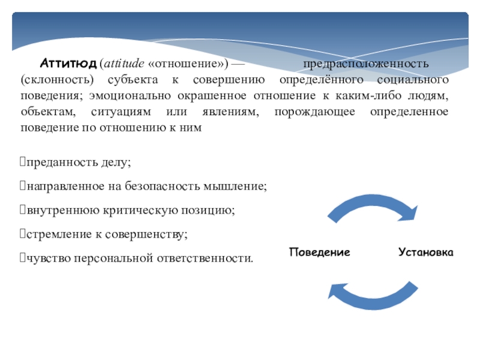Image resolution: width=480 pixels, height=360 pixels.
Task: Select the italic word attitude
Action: [x=122, y=64]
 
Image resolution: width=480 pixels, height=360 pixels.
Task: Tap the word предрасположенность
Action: [x=365, y=64]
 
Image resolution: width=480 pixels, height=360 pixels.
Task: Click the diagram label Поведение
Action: [x=320, y=252]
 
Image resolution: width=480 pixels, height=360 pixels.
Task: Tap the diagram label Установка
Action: [x=425, y=252]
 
